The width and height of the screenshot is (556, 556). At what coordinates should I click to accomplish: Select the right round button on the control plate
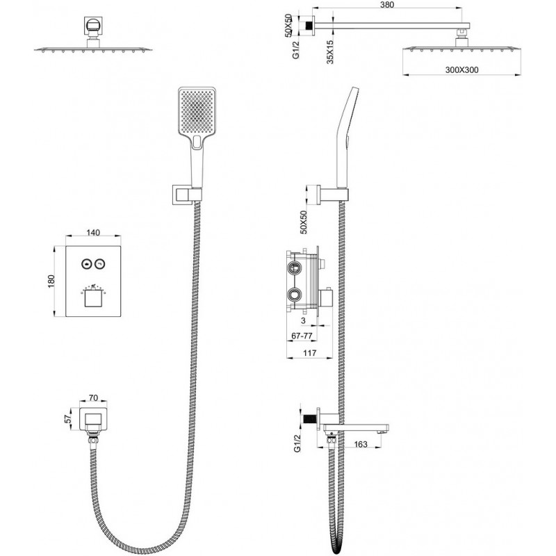click(x=101, y=264)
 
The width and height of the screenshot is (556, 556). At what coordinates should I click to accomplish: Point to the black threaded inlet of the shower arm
click(x=305, y=26)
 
